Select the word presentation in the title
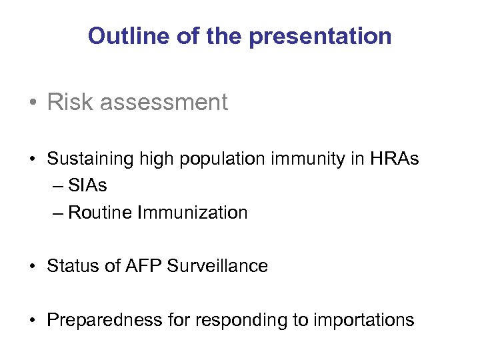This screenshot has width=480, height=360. [321, 36]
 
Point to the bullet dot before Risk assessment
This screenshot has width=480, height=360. [33, 103]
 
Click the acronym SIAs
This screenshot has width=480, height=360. [87, 186]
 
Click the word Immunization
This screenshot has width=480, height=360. [192, 213]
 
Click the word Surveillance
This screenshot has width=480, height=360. [217, 266]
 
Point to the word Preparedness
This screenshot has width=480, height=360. [97, 319]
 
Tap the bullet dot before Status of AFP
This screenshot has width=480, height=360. [33, 267]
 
